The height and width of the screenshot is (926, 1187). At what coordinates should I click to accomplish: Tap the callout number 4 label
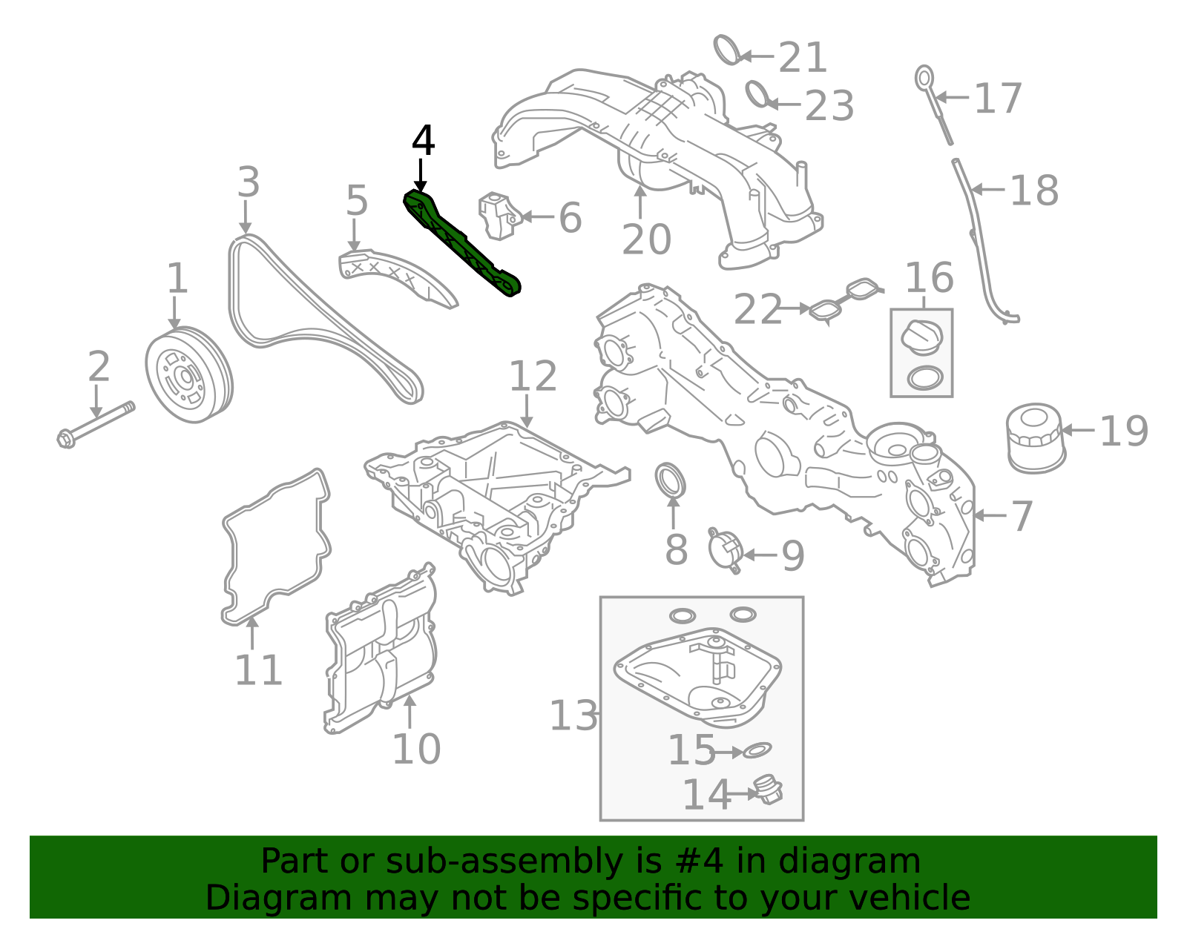[x=423, y=141]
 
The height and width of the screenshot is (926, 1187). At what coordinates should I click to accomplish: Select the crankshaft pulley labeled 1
[x=188, y=374]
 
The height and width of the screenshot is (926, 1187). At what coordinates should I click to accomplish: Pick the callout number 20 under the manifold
[x=646, y=239]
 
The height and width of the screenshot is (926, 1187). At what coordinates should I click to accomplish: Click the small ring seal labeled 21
[x=727, y=50]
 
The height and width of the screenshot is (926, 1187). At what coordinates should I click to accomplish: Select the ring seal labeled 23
[x=757, y=94]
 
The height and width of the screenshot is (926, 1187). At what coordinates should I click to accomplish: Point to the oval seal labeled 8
[x=671, y=480]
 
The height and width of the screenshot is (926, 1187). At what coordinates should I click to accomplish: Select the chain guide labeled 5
[x=397, y=280]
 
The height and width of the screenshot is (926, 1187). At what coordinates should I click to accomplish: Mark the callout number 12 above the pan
[x=532, y=376]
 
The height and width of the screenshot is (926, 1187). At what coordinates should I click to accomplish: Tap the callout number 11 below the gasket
[x=258, y=670]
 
